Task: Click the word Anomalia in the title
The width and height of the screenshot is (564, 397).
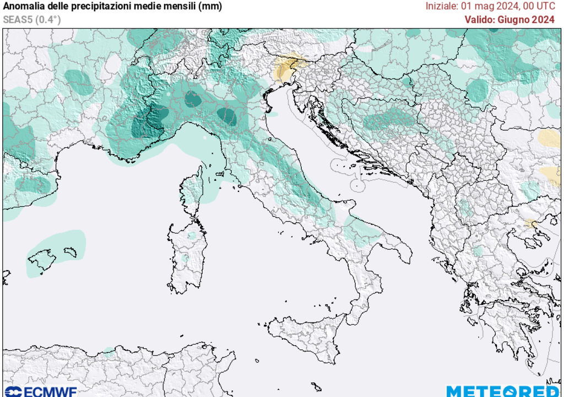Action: [22, 7]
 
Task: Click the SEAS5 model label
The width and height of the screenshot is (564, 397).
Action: [16, 19]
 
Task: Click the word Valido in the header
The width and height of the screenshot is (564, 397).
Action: [479, 20]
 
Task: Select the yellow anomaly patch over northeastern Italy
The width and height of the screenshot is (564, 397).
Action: [286, 69]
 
